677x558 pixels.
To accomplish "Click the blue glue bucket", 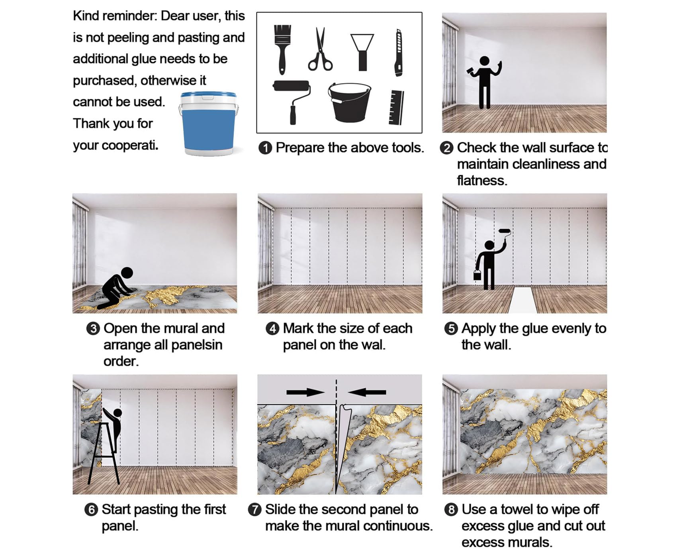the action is click(x=209, y=124).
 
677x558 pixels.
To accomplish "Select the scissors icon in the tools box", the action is click(x=320, y=49).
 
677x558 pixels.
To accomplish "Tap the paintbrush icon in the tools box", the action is click(x=282, y=49).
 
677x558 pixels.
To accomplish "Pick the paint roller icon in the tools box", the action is click(x=292, y=102).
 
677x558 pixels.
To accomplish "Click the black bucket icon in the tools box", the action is click(x=349, y=102).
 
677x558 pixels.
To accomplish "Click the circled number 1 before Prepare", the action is click(x=265, y=148).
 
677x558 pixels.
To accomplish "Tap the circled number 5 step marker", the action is click(x=451, y=329).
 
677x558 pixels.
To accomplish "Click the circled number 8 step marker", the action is click(x=451, y=510).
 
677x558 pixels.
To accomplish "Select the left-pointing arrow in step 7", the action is click(x=367, y=393).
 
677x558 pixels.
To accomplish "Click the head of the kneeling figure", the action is click(x=127, y=273).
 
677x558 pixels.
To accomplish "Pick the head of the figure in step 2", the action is click(x=484, y=61).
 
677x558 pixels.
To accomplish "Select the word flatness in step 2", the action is click(x=482, y=181).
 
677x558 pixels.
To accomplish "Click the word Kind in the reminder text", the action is click(x=87, y=16).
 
